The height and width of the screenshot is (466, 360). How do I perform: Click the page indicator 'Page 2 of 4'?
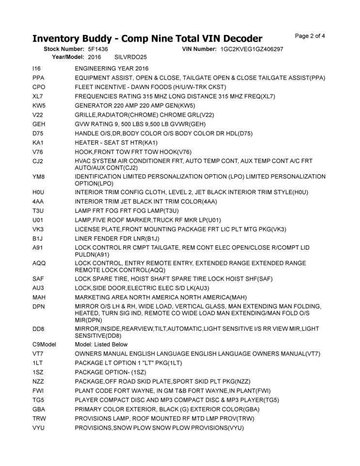click(x=310, y=35)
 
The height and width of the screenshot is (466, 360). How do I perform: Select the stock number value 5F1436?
click(x=98, y=50)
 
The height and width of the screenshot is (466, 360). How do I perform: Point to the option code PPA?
click(x=39, y=78)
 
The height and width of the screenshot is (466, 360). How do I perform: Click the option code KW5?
click(x=39, y=105)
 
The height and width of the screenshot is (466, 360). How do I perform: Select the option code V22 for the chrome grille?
click(x=38, y=115)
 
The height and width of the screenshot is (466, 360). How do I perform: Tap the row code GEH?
click(x=39, y=124)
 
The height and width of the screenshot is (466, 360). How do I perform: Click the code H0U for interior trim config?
click(x=39, y=192)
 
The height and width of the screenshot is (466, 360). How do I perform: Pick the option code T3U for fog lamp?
click(x=38, y=211)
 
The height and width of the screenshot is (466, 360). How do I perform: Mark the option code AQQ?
click(x=39, y=263)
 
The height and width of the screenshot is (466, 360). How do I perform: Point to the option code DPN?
click(x=39, y=306)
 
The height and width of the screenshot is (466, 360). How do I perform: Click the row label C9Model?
click(x=45, y=344)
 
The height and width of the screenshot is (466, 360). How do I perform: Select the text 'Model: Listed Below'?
click(x=101, y=344)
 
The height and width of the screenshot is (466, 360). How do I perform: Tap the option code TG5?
click(x=39, y=400)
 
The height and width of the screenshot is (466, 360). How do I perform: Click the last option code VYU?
click(x=39, y=428)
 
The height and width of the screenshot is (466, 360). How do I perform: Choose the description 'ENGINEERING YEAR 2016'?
click(x=112, y=68)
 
